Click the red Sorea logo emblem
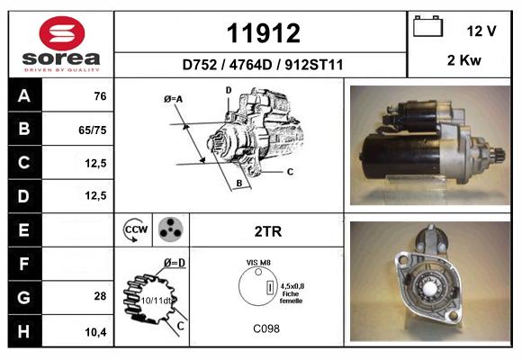[62, 33]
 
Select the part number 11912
[264, 33]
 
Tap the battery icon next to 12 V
[427, 26]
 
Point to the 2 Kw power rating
[464, 60]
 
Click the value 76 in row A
[100, 96]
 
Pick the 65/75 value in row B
[92, 130]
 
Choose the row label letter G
[24, 297]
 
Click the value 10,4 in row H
[95, 332]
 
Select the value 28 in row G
[100, 296]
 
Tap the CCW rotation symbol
[136, 229]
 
